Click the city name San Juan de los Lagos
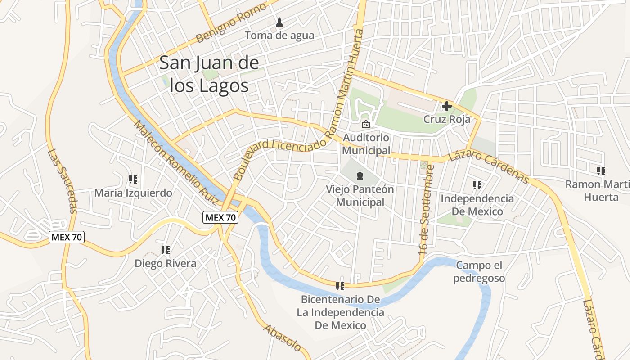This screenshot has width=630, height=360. [209, 74]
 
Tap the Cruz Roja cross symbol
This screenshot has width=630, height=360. [446, 107]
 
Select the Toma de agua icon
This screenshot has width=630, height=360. [279, 22]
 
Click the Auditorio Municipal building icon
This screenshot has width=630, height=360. [365, 124]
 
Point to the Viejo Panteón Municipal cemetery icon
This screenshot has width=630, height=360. [360, 176]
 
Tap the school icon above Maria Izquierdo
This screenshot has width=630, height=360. [133, 180]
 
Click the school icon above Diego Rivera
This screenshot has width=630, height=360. [165, 250]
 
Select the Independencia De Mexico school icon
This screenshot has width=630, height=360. [477, 185]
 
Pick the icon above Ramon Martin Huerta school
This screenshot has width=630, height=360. [601, 171]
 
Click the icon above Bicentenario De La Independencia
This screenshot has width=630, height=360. [340, 286]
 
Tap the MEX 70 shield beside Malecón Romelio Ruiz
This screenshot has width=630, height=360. [220, 218]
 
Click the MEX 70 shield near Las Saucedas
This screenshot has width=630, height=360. [67, 237]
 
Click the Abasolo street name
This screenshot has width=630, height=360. [282, 338]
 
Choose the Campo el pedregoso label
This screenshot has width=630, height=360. [479, 272]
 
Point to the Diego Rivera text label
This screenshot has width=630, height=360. [166, 263]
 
